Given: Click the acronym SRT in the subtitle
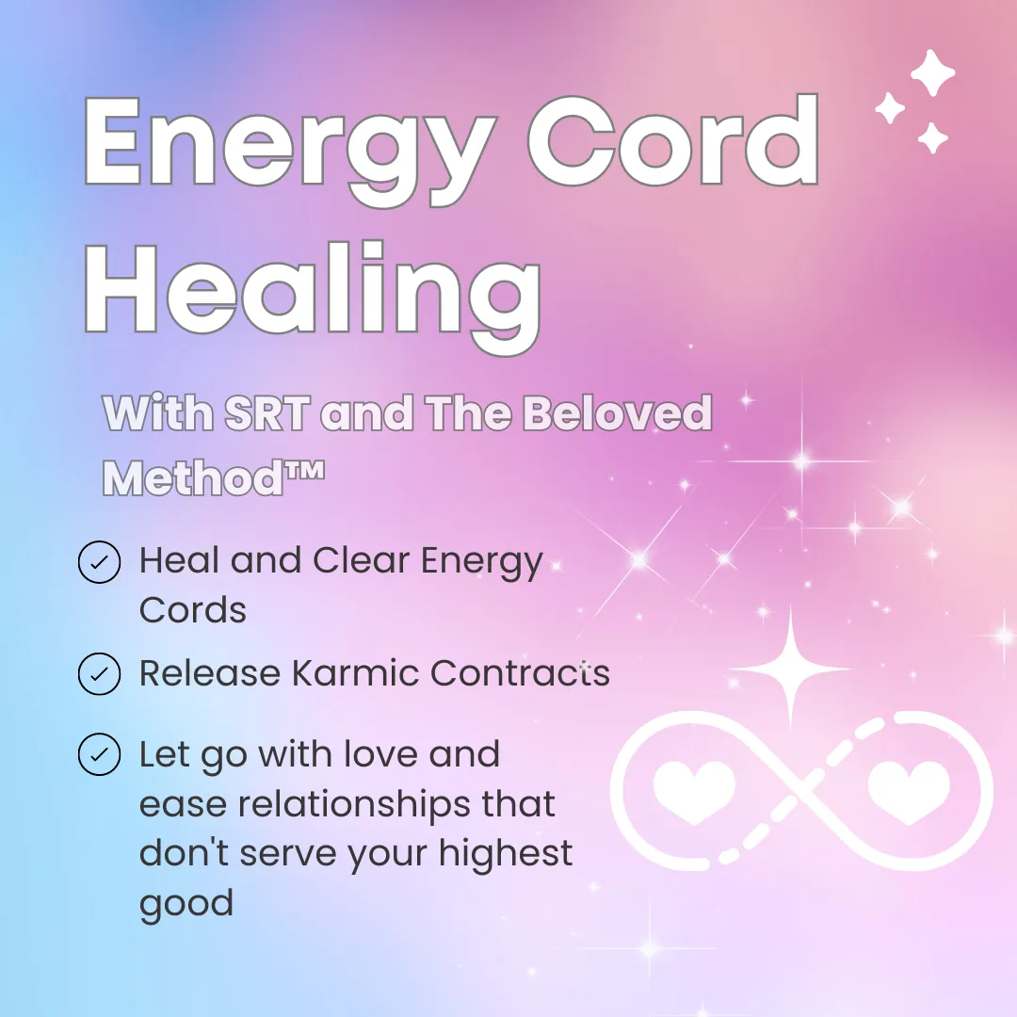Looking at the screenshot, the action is click(x=266, y=412).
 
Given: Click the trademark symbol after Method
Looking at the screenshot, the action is click(x=304, y=471).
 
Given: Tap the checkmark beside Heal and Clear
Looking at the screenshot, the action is click(x=99, y=562).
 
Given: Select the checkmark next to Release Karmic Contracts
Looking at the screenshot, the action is click(x=99, y=674).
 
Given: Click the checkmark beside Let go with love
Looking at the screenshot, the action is click(x=99, y=754).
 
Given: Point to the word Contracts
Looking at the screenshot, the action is click(x=520, y=672).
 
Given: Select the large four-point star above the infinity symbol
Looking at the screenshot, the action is click(x=791, y=668).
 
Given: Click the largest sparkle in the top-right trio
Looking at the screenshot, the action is click(x=932, y=73).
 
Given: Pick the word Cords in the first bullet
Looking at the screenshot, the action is click(x=193, y=610).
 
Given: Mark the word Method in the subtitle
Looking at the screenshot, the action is click(x=193, y=478).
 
